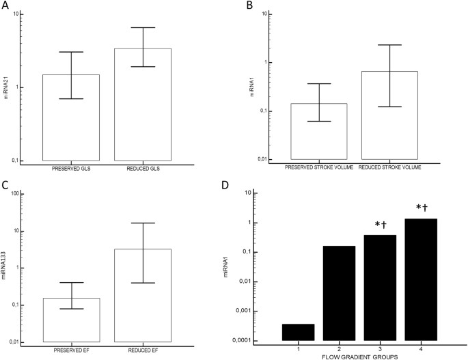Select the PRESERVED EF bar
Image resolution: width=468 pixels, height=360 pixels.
tap(71, 320)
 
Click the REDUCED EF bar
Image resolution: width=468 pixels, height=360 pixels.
tap(143, 295)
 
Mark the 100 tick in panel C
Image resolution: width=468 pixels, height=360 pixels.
tap(32, 194)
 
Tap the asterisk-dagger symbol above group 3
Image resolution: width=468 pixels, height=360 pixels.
tap(381, 225)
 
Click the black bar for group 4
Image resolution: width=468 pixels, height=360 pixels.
tap(422, 279)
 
